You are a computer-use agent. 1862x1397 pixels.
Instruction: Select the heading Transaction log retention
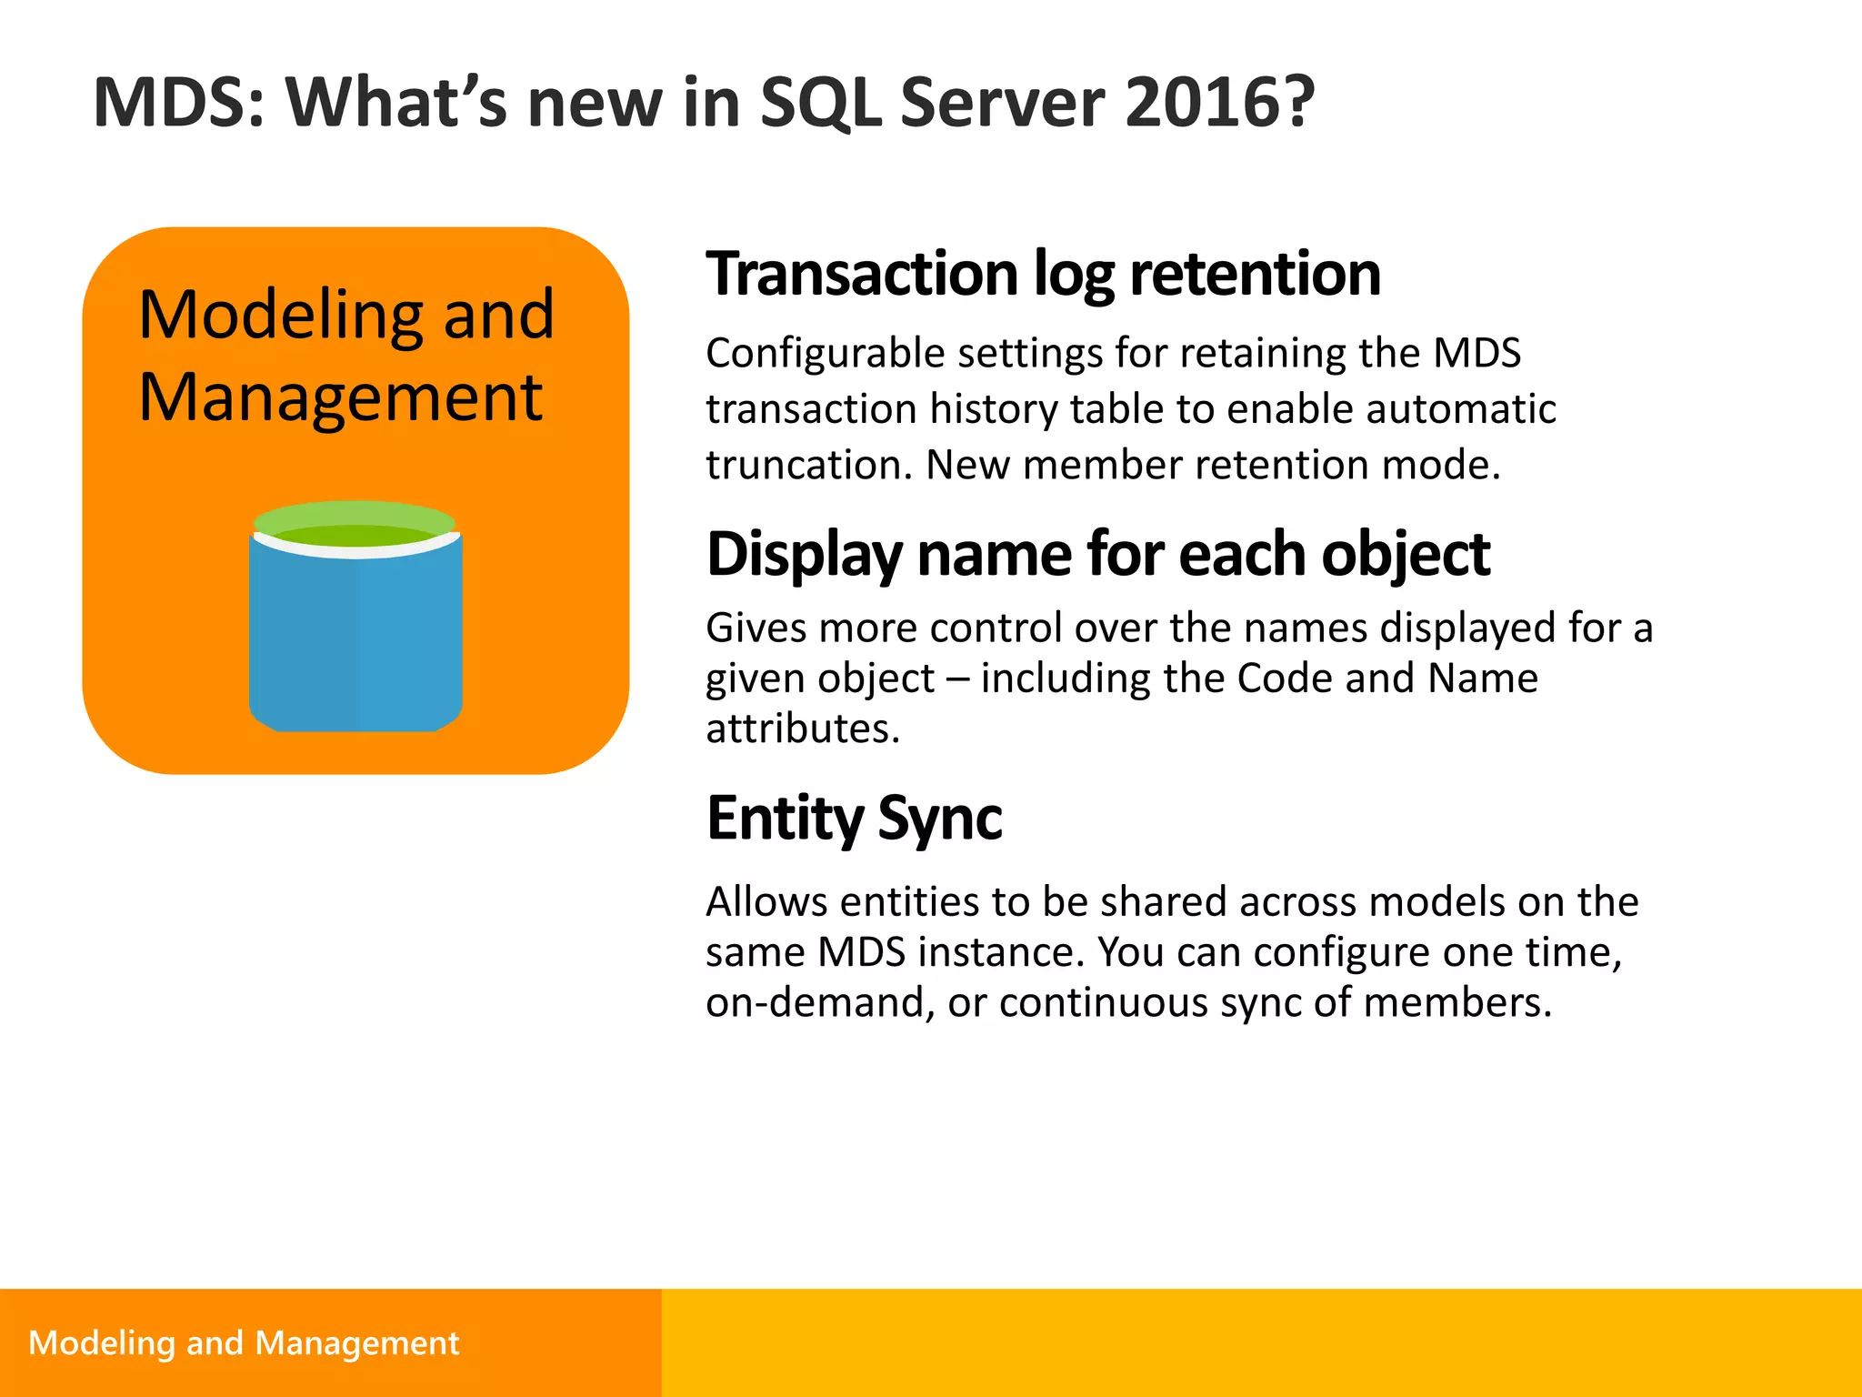pyautogui.click(x=1043, y=274)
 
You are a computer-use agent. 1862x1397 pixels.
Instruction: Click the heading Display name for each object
pyautogui.click(x=1097, y=554)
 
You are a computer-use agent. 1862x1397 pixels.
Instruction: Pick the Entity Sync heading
pyautogui.click(x=854, y=819)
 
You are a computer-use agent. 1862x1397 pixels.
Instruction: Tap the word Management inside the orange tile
pyautogui.click(x=340, y=398)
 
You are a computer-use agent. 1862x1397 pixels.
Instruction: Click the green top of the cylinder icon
pyautogui.click(x=354, y=523)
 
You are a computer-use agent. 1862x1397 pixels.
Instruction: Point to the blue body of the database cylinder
pyautogui.click(x=355, y=637)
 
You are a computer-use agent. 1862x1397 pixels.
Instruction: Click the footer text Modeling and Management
pyautogui.click(x=244, y=1343)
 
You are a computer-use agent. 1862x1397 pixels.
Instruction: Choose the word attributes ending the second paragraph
pyautogui.click(x=801, y=729)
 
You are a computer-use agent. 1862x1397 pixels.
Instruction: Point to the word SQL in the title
pyautogui.click(x=819, y=103)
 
